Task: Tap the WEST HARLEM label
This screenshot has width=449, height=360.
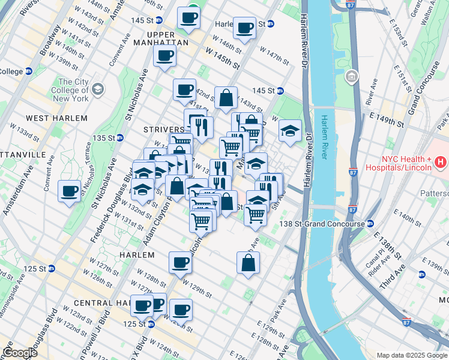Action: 57,118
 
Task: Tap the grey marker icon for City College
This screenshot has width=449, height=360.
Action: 97,90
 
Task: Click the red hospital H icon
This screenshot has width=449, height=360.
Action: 441,162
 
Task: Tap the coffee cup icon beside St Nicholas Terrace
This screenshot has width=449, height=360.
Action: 70,191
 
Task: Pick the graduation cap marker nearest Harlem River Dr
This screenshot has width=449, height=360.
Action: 290,131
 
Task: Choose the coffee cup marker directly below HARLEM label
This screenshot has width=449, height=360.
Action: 179,262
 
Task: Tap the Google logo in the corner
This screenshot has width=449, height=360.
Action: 20,353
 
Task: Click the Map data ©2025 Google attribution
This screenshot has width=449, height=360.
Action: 411,355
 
